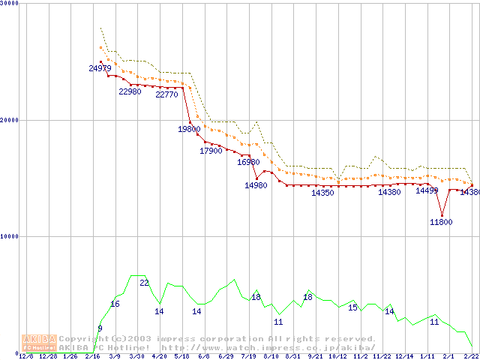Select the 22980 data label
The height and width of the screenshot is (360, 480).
coord(130,91)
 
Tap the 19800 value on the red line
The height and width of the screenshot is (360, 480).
coord(189,129)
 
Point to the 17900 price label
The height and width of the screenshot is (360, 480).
coord(211,151)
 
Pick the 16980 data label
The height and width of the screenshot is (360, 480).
coord(248,162)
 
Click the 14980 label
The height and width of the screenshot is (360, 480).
coord(256,185)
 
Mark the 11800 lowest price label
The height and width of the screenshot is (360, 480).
coord(441,222)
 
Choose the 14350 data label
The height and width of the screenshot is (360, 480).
coord(322,193)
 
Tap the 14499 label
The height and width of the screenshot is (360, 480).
coord(427,190)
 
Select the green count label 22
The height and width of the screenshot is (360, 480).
coord(144,283)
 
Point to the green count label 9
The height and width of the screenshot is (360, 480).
coord(100,328)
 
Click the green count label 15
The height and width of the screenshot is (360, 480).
coord(352,307)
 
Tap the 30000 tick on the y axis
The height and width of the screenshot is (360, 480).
coord(10,4)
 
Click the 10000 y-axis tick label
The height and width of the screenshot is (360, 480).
coord(10,236)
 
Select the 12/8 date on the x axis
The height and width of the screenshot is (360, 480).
coord(25,356)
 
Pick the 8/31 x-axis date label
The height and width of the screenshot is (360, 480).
coord(293,356)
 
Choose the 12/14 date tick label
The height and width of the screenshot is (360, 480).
coord(404,356)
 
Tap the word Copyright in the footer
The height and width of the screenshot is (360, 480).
coord(84,338)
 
